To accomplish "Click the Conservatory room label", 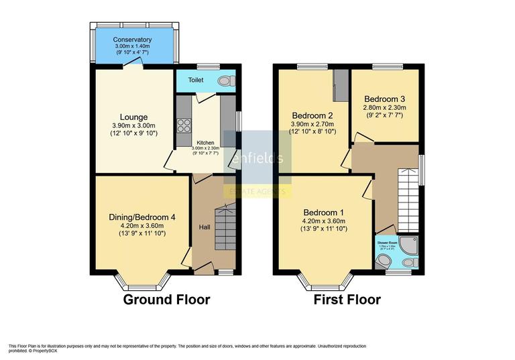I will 132,40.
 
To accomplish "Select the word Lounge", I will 134,117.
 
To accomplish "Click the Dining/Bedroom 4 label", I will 141,217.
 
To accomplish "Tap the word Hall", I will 205,227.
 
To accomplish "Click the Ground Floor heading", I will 166,300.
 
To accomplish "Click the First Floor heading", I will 347,300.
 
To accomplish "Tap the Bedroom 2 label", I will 314,115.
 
